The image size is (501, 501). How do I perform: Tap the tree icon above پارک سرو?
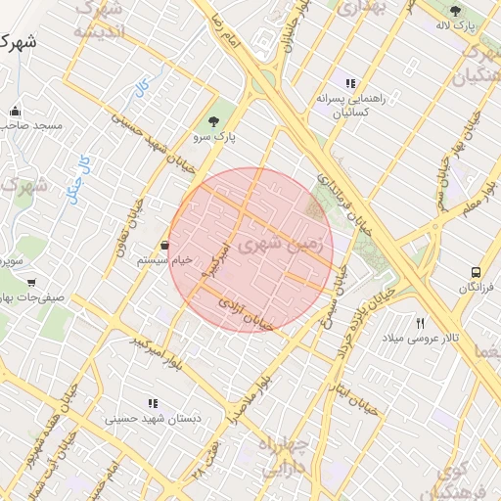pos(213,121)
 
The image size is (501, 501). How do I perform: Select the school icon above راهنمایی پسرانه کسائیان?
pos(350,83)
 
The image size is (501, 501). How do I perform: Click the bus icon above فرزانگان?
pos(476,272)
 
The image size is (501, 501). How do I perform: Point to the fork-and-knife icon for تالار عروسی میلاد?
pos(421,323)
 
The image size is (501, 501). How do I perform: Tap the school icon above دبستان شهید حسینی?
pos(153,402)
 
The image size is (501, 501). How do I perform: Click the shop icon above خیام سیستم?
pos(163,245)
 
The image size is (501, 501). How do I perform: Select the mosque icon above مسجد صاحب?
pos(15,111)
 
